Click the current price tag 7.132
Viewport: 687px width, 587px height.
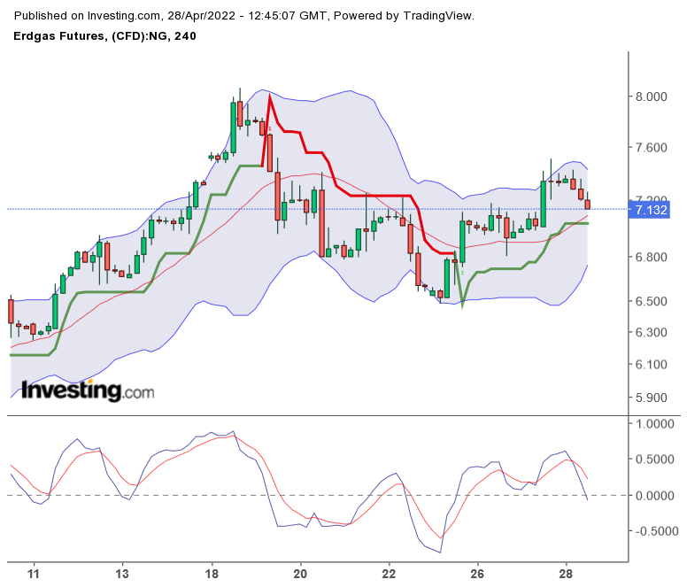click(x=652, y=210)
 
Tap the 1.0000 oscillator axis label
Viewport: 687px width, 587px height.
click(x=656, y=424)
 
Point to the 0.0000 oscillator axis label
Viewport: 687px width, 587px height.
click(x=656, y=496)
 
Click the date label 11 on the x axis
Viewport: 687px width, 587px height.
click(x=35, y=574)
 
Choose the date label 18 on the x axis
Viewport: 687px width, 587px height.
click(x=212, y=574)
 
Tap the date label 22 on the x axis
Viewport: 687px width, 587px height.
click(x=389, y=574)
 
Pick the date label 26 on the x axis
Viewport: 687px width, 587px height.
click(x=477, y=574)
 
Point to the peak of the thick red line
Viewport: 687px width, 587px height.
click(x=269, y=96)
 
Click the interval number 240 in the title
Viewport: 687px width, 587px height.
click(x=185, y=35)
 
